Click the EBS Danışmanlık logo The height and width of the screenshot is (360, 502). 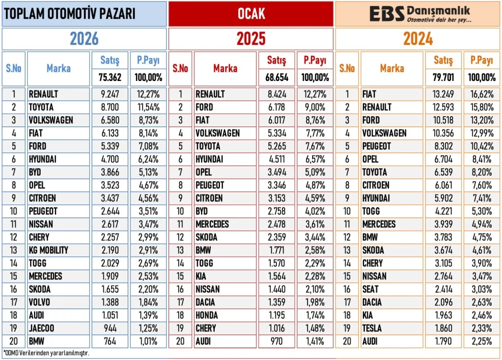click(x=419, y=14)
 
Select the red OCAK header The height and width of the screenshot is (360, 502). click(x=251, y=14)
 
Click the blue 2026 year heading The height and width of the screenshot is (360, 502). click(x=84, y=39)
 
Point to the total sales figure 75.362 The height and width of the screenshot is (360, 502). click(x=110, y=77)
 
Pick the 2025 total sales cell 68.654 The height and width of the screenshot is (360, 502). click(x=277, y=77)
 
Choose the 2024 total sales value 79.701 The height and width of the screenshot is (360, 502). click(x=443, y=77)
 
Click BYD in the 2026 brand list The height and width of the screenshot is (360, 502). click(x=36, y=172)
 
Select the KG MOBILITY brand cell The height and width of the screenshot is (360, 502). click(x=48, y=250)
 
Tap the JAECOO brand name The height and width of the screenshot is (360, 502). click(x=42, y=328)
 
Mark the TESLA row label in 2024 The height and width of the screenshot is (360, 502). click(x=373, y=328)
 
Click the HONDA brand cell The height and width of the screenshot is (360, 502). click(x=206, y=315)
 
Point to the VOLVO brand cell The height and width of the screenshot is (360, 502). click(x=40, y=302)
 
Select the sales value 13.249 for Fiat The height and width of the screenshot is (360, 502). click(x=443, y=94)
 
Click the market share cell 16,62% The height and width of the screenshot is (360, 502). click(x=481, y=94)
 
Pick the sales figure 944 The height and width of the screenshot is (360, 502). click(x=110, y=328)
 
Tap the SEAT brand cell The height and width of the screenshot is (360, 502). click(x=371, y=289)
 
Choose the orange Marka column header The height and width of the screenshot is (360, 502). click(x=392, y=68)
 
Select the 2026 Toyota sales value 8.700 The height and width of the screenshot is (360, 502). click(x=110, y=107)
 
